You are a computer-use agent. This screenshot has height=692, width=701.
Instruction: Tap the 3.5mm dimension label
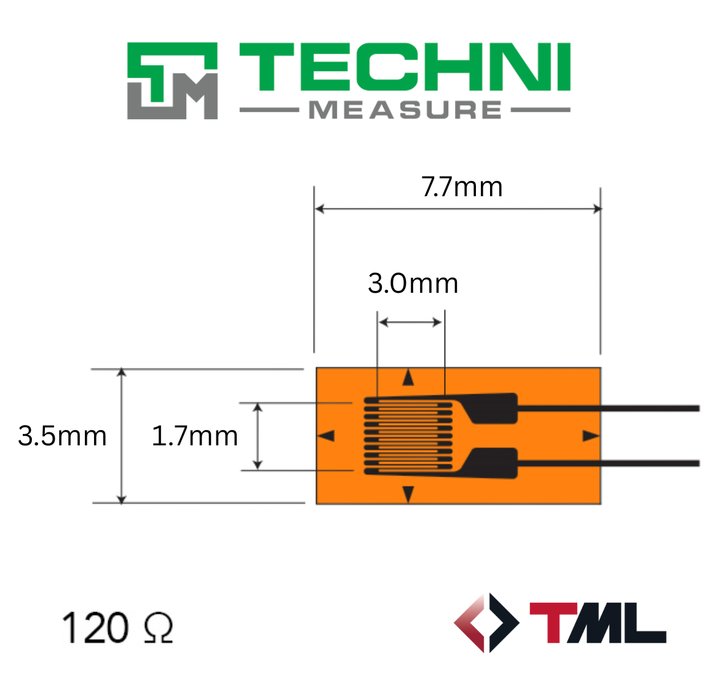pyautogui.click(x=62, y=435)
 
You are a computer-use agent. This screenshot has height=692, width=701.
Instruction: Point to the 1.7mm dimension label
pyautogui.click(x=194, y=435)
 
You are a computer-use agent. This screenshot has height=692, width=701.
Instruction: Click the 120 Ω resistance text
pyautogui.click(x=117, y=627)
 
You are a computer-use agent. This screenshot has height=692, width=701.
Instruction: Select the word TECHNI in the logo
pyautogui.click(x=405, y=66)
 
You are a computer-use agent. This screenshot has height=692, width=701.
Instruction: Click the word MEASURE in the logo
pyautogui.click(x=405, y=110)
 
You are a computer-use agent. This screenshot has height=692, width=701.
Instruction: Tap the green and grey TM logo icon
pyautogui.click(x=173, y=81)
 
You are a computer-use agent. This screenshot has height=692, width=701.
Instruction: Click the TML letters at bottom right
pyautogui.click(x=598, y=622)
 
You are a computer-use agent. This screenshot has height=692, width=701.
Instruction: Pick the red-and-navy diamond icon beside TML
pyautogui.click(x=486, y=622)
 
